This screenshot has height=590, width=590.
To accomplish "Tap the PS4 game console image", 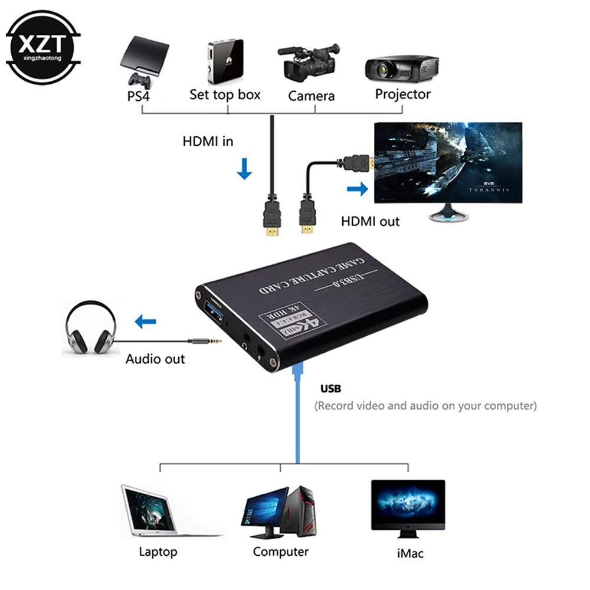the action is (x=144, y=59).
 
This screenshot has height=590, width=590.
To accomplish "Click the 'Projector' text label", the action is (x=403, y=94).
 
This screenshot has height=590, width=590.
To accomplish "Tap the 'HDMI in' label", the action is (x=208, y=142).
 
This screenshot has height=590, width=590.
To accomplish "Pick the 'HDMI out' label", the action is (x=370, y=222).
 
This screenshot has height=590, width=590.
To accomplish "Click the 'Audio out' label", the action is (x=155, y=359).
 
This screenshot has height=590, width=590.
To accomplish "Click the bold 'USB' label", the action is (x=331, y=389).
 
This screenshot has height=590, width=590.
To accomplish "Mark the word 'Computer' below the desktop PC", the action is (x=281, y=552).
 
